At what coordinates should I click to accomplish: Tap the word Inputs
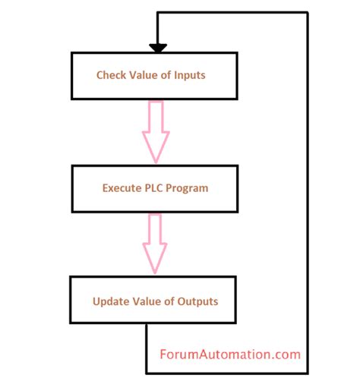pyautogui.click(x=190, y=76)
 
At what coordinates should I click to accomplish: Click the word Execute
pyautogui.click(x=122, y=188)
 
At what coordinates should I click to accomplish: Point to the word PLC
pyautogui.click(x=153, y=188)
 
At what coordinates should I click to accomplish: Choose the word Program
pyautogui.click(x=187, y=189)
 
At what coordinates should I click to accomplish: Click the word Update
pyautogui.click(x=111, y=302)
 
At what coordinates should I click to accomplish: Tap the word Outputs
pyautogui.click(x=197, y=302)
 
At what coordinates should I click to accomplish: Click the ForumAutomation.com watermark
pyautogui.click(x=230, y=354)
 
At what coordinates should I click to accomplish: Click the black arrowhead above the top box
pyautogui.click(x=158, y=48)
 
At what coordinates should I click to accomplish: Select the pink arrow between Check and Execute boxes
pyautogui.click(x=156, y=132)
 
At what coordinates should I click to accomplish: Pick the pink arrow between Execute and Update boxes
pyautogui.click(x=155, y=244)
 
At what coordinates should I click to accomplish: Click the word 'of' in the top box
pyautogui.click(x=166, y=75)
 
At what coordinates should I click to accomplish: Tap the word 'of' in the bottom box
pyautogui.click(x=169, y=301)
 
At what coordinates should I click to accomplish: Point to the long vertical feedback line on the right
pyautogui.click(x=308, y=193)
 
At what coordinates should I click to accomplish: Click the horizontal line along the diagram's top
pyautogui.click(x=232, y=13)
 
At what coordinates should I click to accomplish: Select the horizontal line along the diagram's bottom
pyautogui.click(x=227, y=373)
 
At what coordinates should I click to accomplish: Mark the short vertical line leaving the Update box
pyautogui.click(x=147, y=348)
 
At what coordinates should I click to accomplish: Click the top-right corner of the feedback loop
pyautogui.click(x=308, y=13)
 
